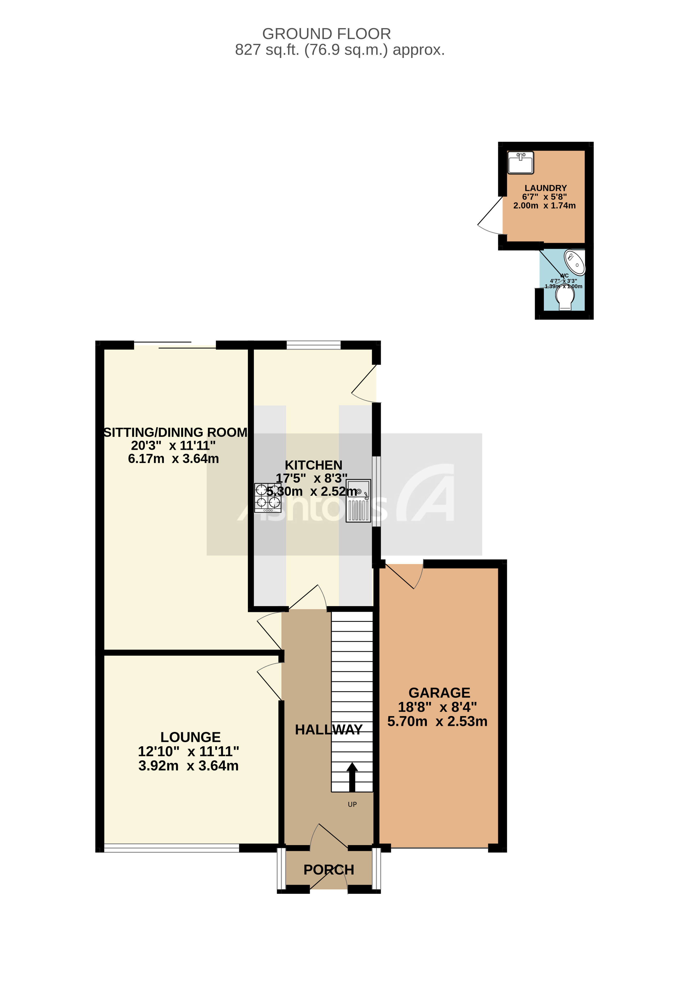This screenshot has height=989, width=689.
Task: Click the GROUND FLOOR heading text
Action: (x=326, y=34)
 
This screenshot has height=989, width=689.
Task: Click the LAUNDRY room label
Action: (x=545, y=188)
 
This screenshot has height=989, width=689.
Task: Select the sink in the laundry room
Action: (x=520, y=162)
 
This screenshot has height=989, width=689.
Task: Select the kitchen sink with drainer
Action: (x=358, y=501)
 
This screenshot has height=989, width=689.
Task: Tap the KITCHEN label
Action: (x=313, y=465)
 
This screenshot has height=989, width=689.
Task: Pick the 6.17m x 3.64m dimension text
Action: (x=173, y=459)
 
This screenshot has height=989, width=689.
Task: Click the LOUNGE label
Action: (x=190, y=737)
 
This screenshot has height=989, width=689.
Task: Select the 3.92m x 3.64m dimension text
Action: (x=188, y=766)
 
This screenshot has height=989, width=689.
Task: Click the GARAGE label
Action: (x=439, y=693)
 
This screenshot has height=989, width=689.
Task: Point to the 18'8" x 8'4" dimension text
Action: (x=437, y=707)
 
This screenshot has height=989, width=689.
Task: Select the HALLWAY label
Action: (x=328, y=729)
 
